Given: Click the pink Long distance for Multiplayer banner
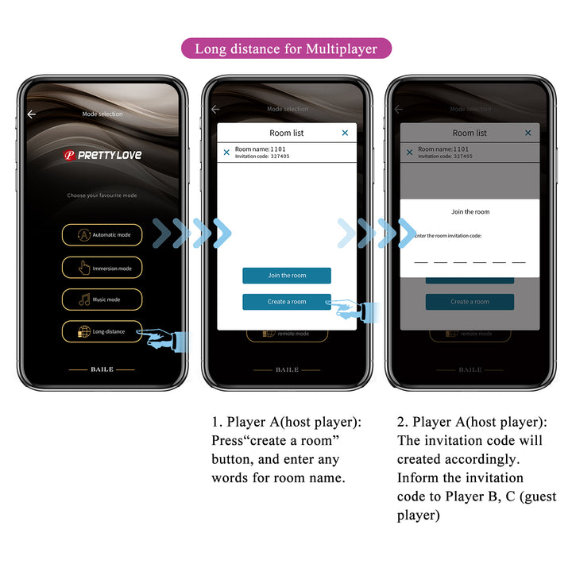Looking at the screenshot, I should click(286, 48).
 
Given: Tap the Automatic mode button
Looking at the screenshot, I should click(102, 234).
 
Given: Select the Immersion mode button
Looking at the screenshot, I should click(102, 268).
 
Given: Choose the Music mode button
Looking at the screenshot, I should click(102, 300).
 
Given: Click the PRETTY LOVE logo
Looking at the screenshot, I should click(102, 155).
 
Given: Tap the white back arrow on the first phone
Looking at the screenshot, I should click(31, 114).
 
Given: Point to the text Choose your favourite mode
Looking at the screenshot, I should click(102, 195).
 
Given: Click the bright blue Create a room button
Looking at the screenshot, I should click(286, 302).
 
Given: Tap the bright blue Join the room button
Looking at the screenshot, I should click(286, 276).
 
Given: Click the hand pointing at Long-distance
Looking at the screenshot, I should click(165, 338).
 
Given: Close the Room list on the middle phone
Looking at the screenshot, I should click(345, 133).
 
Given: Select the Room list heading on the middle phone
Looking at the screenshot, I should click(286, 133).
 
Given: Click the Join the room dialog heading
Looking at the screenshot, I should click(470, 212).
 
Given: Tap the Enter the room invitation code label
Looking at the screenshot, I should click(448, 236).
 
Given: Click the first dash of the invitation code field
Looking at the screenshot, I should click(421, 261).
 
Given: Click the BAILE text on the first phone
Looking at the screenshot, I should click(102, 369).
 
